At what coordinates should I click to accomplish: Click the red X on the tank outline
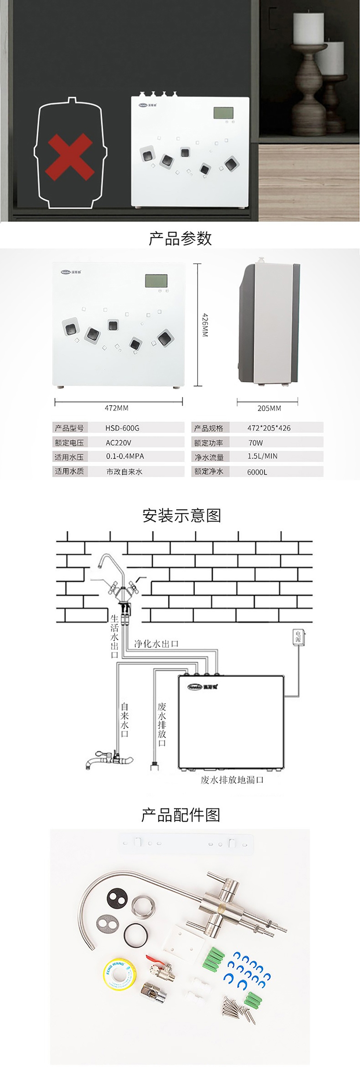pyautogui.click(x=69, y=157)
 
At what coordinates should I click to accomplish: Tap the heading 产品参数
pyautogui.click(x=180, y=238)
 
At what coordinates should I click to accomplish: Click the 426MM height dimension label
pyautogui.click(x=204, y=325)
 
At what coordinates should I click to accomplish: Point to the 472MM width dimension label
pyautogui.click(x=117, y=408)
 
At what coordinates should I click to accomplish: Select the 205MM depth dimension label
pyautogui.click(x=269, y=408)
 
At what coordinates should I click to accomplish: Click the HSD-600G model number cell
pyautogui.click(x=122, y=428)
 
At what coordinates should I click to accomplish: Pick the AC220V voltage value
pyautogui.click(x=119, y=443)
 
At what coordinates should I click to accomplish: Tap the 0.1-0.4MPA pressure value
pyautogui.click(x=125, y=457)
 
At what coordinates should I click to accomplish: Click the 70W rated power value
pyautogui.click(x=255, y=443)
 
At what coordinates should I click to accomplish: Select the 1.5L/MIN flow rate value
pyautogui.click(x=263, y=457)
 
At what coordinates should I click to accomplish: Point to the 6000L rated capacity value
pyautogui.click(x=257, y=472)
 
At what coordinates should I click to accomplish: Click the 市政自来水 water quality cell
pyautogui.click(x=124, y=472)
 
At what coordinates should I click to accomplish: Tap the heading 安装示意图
pyautogui.click(x=181, y=515)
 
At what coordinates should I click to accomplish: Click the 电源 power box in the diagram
pyautogui.click(x=298, y=636)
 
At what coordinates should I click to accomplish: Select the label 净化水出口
pyautogui.click(x=156, y=643)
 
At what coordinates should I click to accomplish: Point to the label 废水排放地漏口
pyautogui.click(x=232, y=780)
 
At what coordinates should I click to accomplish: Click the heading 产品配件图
pyautogui.click(x=180, y=815)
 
